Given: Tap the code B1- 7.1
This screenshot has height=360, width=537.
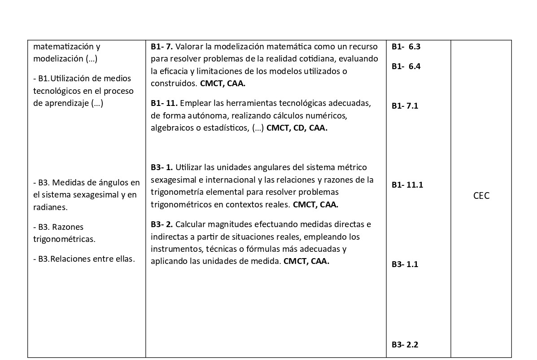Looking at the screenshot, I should click(x=405, y=106).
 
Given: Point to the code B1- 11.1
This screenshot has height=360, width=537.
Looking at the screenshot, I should click(x=407, y=184).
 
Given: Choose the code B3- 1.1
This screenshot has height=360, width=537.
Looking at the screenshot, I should click(x=405, y=264).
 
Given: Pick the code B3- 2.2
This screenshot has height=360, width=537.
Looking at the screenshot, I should click(x=405, y=345).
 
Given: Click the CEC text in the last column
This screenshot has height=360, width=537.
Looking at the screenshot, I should click(x=481, y=196).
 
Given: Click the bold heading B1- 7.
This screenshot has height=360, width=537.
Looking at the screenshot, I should click(x=162, y=46).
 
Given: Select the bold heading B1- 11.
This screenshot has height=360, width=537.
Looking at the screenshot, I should click(x=164, y=103).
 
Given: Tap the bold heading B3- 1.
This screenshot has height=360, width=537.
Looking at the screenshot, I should click(x=162, y=167).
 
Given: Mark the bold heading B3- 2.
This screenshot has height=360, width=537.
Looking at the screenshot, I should click(x=162, y=224).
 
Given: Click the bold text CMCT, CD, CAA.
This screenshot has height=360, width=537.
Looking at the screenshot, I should click(x=297, y=128).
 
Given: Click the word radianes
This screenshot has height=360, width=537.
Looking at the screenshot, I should click(x=50, y=207).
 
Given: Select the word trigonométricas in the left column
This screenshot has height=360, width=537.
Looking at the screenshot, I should click(x=64, y=239).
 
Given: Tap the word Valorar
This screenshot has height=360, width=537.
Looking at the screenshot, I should click(x=189, y=46).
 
